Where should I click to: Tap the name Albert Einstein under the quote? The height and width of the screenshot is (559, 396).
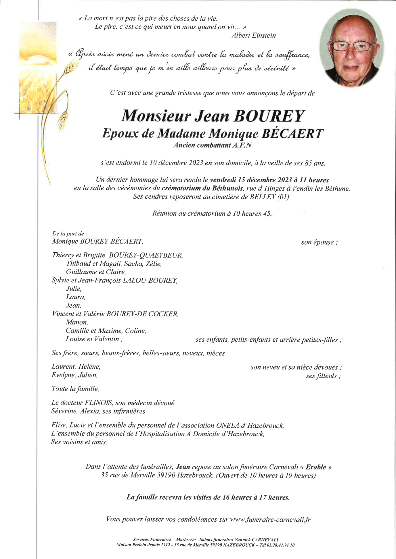pos(254,36)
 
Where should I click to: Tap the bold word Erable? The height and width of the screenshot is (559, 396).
pos(316,467)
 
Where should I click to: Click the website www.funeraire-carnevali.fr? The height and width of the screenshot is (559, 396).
pos(270,519)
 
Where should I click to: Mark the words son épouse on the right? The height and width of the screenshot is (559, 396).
pos(319,242)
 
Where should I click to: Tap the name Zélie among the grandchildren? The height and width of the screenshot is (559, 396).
pos(154,264)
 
